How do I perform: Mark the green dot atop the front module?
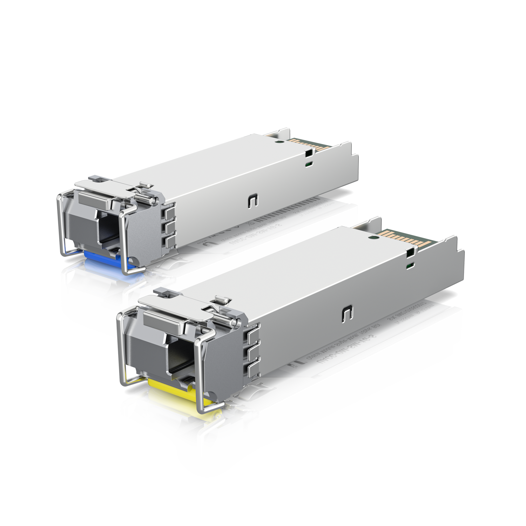coord(374,237)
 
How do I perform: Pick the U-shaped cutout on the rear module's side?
coord(253,201)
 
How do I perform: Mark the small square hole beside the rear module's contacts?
coord(309,153)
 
